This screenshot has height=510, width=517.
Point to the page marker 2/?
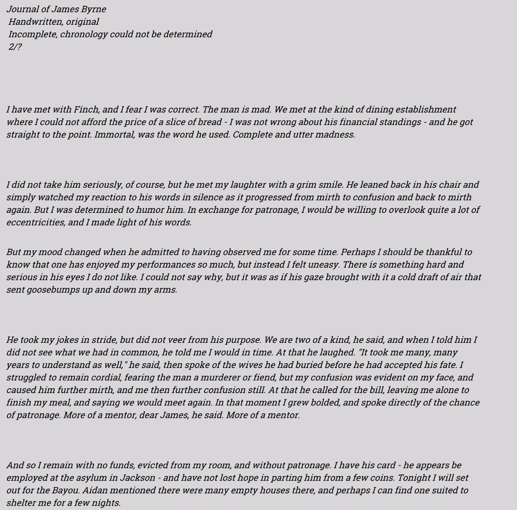pyautogui.click(x=15, y=47)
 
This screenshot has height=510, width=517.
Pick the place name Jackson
pyautogui.click(x=137, y=478)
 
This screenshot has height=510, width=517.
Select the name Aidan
pyautogui.click(x=95, y=491)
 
